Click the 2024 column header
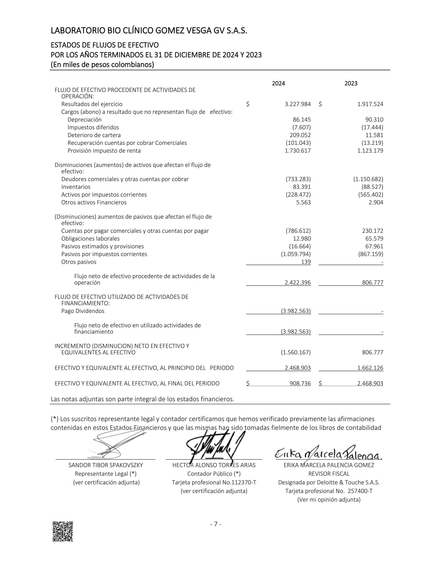pyautogui.click(x=278, y=83)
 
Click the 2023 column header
pyautogui.click(x=351, y=83)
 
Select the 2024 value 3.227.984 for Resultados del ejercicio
pyautogui.click(x=298, y=104)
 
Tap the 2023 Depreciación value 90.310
pyautogui.click(x=374, y=120)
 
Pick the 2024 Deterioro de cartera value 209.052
pyautogui.click(x=300, y=135)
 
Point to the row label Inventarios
pyautogui.click(x=76, y=187)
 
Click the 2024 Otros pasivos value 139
pyautogui.click(x=306, y=262)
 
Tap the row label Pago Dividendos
pyautogui.click(x=83, y=311)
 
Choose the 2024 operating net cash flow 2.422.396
pyautogui.click(x=298, y=283)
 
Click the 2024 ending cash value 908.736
pyautogui.click(x=300, y=383)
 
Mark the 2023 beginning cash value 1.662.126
pyautogui.click(x=370, y=368)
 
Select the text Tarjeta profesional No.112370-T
pyautogui.click(x=214, y=482)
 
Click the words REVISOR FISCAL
pyautogui.click(x=329, y=474)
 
